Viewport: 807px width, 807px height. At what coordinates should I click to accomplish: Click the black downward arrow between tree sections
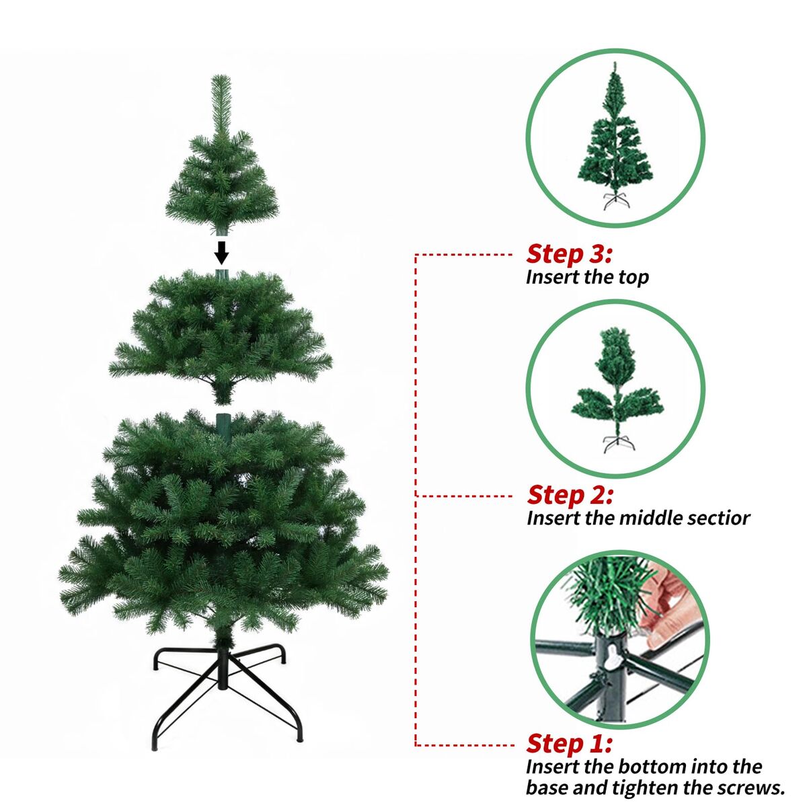pos(221,253)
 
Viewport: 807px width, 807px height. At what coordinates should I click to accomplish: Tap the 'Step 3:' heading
pos(569,254)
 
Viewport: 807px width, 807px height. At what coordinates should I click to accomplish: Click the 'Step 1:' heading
pos(569,743)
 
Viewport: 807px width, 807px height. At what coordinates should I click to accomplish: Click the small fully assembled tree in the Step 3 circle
pos(615,136)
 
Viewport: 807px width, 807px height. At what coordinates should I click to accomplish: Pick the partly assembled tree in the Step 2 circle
pos(617,390)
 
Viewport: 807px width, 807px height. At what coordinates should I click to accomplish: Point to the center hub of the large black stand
pos(223,666)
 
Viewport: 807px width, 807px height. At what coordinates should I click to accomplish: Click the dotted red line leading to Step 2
pos(464,496)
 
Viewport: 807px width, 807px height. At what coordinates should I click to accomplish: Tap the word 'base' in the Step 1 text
pos(546,788)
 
